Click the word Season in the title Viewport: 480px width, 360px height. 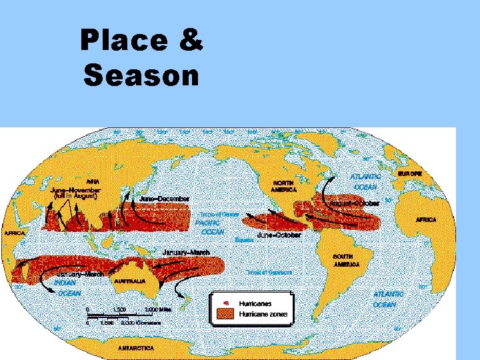pyautogui.click(x=142, y=76)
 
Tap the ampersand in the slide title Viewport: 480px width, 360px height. pyautogui.click(x=191, y=41)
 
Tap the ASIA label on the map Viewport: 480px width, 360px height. pyautogui.click(x=94, y=179)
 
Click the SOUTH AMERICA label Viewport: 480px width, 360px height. pyautogui.click(x=346, y=261)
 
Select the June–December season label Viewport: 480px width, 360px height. pyautogui.click(x=165, y=199)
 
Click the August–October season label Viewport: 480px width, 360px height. pyautogui.click(x=355, y=202)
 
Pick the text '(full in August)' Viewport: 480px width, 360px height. pyautogui.click(x=75, y=196)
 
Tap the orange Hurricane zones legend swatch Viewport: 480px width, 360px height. pyautogui.click(x=225, y=314)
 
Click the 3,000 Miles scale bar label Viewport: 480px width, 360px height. pyautogui.click(x=160, y=309)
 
